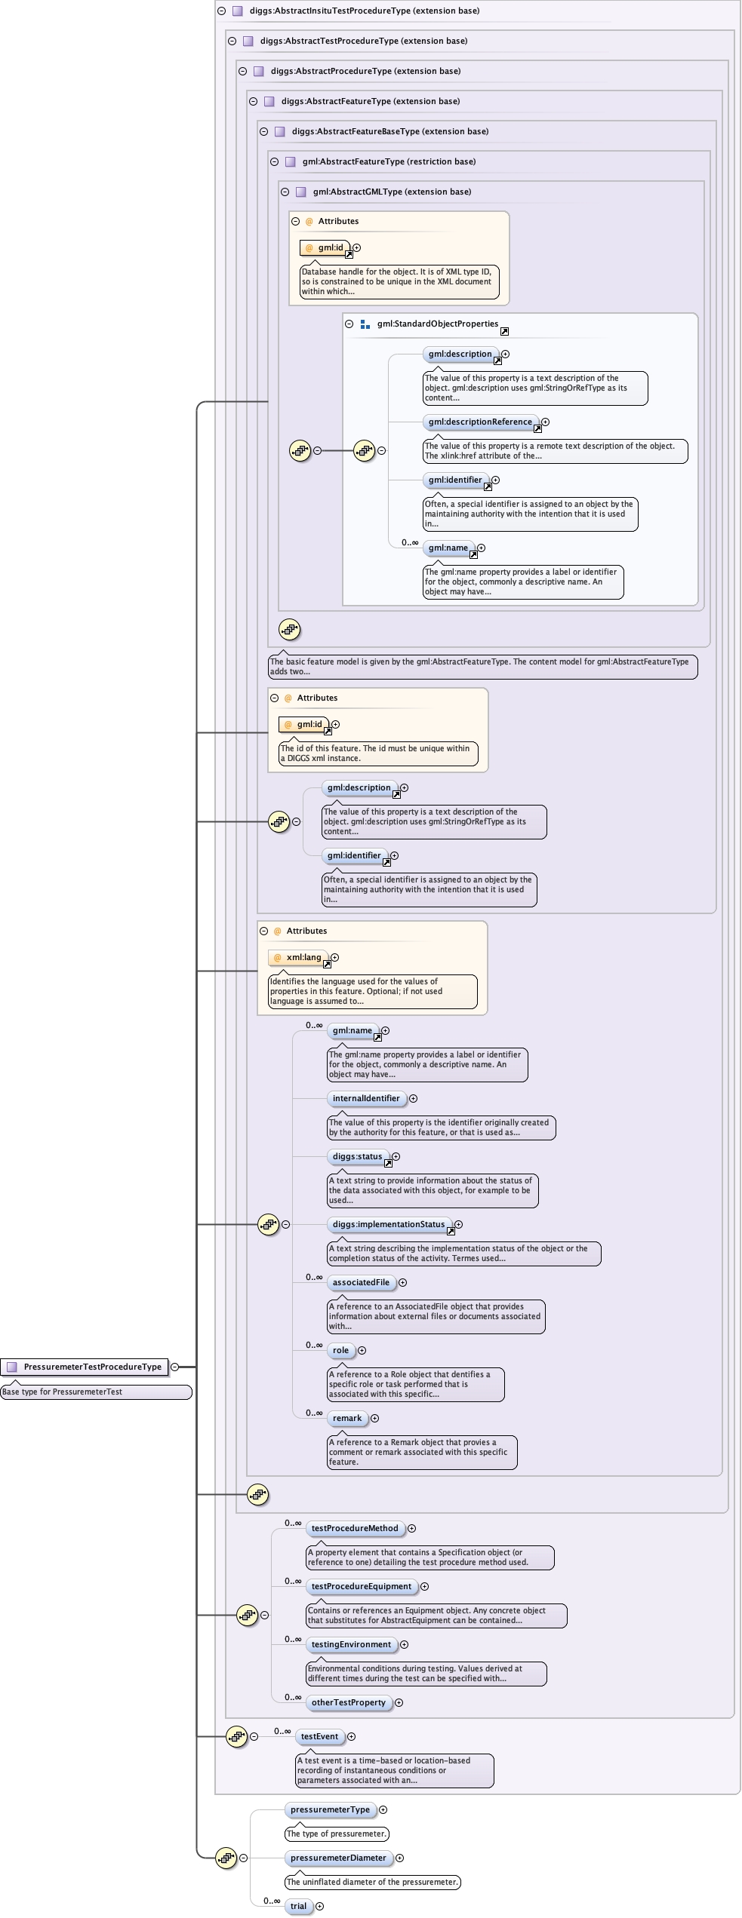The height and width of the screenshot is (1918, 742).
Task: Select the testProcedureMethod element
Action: coord(355,1528)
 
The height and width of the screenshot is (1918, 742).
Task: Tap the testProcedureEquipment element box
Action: coord(362,1586)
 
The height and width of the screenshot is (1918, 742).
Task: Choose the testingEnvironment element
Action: coord(351,1644)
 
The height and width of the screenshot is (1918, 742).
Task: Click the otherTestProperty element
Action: coord(348,1702)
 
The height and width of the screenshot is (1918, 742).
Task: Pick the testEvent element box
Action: coord(319,1736)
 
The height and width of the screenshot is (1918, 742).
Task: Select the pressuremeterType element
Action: coord(330,1809)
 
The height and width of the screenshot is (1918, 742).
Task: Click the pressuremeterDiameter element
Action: coord(338,1858)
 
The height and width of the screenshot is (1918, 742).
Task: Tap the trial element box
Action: coord(299,1906)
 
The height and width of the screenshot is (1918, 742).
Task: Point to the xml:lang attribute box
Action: coord(299,957)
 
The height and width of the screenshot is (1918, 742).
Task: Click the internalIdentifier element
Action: coord(366,1098)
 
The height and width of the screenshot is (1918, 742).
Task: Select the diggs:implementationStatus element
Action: coord(389,1224)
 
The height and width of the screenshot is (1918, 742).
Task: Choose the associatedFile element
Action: coord(361,1282)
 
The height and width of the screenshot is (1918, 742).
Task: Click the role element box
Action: coord(341,1350)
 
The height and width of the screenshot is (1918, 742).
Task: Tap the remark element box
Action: coord(347,1418)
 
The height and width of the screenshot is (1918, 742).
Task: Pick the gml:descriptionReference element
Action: coord(480,422)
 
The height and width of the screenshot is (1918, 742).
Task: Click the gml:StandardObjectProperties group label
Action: coord(438,324)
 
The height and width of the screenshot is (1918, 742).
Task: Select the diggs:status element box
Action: coord(358,1156)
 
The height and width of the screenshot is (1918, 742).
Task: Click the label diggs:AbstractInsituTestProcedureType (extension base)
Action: coord(365,11)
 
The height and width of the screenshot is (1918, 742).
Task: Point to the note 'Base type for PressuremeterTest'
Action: coord(96,1392)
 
